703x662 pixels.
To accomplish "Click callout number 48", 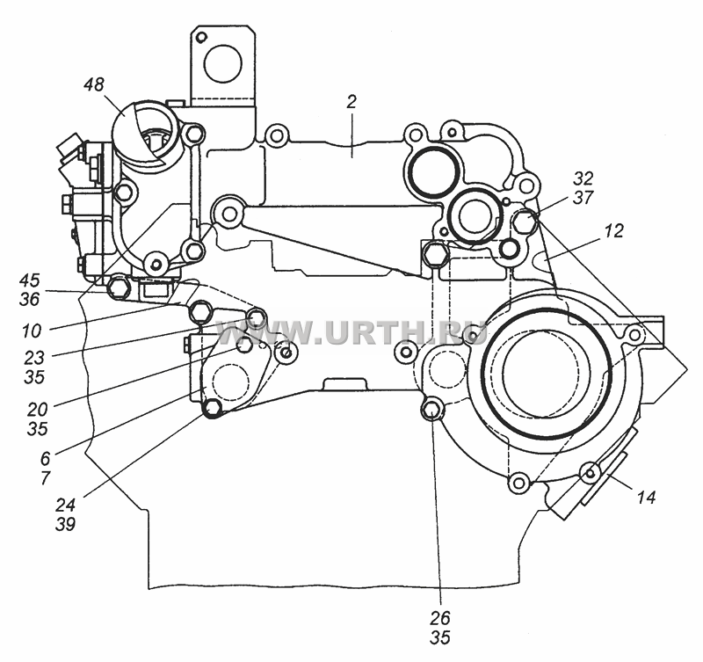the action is point(94,84).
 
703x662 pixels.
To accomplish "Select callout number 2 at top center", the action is point(351,102).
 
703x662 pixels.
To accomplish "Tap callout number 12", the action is point(613,231).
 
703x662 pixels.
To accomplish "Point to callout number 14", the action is point(646,497).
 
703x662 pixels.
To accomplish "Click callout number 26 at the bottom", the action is point(439,618).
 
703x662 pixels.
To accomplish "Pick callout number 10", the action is point(32,331).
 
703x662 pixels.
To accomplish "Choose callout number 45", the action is point(30,280).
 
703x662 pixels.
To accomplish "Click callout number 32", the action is point(583,178).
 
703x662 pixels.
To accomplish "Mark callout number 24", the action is point(65,505).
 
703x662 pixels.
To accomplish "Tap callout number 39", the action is point(65,524).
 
